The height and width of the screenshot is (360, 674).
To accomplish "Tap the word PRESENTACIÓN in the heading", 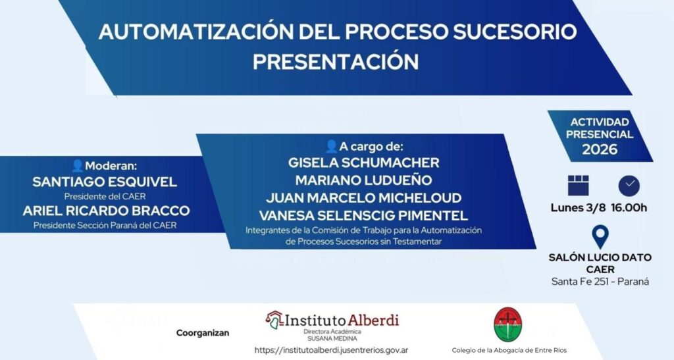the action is click(336, 61).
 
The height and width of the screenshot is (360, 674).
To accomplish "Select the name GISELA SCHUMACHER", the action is click(363, 163).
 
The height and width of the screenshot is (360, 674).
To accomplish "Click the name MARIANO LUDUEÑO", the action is click(363, 180).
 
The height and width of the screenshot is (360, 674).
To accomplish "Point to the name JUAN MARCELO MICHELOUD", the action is click(363, 197).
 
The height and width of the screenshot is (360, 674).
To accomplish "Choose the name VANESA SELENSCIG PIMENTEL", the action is click(363, 215).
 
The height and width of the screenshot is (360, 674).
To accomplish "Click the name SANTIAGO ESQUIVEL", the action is click(105, 182).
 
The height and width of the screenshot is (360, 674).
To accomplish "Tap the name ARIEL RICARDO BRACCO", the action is click(106, 211).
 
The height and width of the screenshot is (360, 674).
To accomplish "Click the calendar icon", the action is click(578, 186).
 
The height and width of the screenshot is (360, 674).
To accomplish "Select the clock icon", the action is click(629, 186).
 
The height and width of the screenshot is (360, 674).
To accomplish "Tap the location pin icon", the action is click(600, 236).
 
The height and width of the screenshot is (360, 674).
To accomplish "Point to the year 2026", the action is click(600, 149).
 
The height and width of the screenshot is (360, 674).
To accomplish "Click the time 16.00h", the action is click(629, 208).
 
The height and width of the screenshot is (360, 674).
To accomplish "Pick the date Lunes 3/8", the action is click(578, 208).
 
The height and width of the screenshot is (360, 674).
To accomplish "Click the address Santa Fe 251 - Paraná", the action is click(600, 282).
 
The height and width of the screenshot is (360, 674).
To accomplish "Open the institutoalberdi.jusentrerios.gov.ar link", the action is click(332, 350).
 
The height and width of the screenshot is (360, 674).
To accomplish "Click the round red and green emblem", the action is click(507, 324).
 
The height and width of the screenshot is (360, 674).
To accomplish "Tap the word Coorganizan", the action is click(203, 333).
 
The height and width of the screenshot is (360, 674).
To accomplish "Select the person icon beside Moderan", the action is click(78, 165).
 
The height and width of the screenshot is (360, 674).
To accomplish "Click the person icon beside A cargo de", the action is click(332, 146).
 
